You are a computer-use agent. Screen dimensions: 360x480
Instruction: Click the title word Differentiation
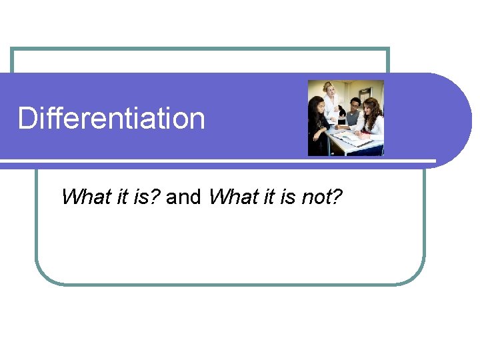pyautogui.click(x=111, y=119)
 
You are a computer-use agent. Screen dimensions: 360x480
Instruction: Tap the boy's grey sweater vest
pyautogui.click(x=352, y=119)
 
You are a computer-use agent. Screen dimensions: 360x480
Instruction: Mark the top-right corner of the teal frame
pyautogui.click(x=388, y=49)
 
